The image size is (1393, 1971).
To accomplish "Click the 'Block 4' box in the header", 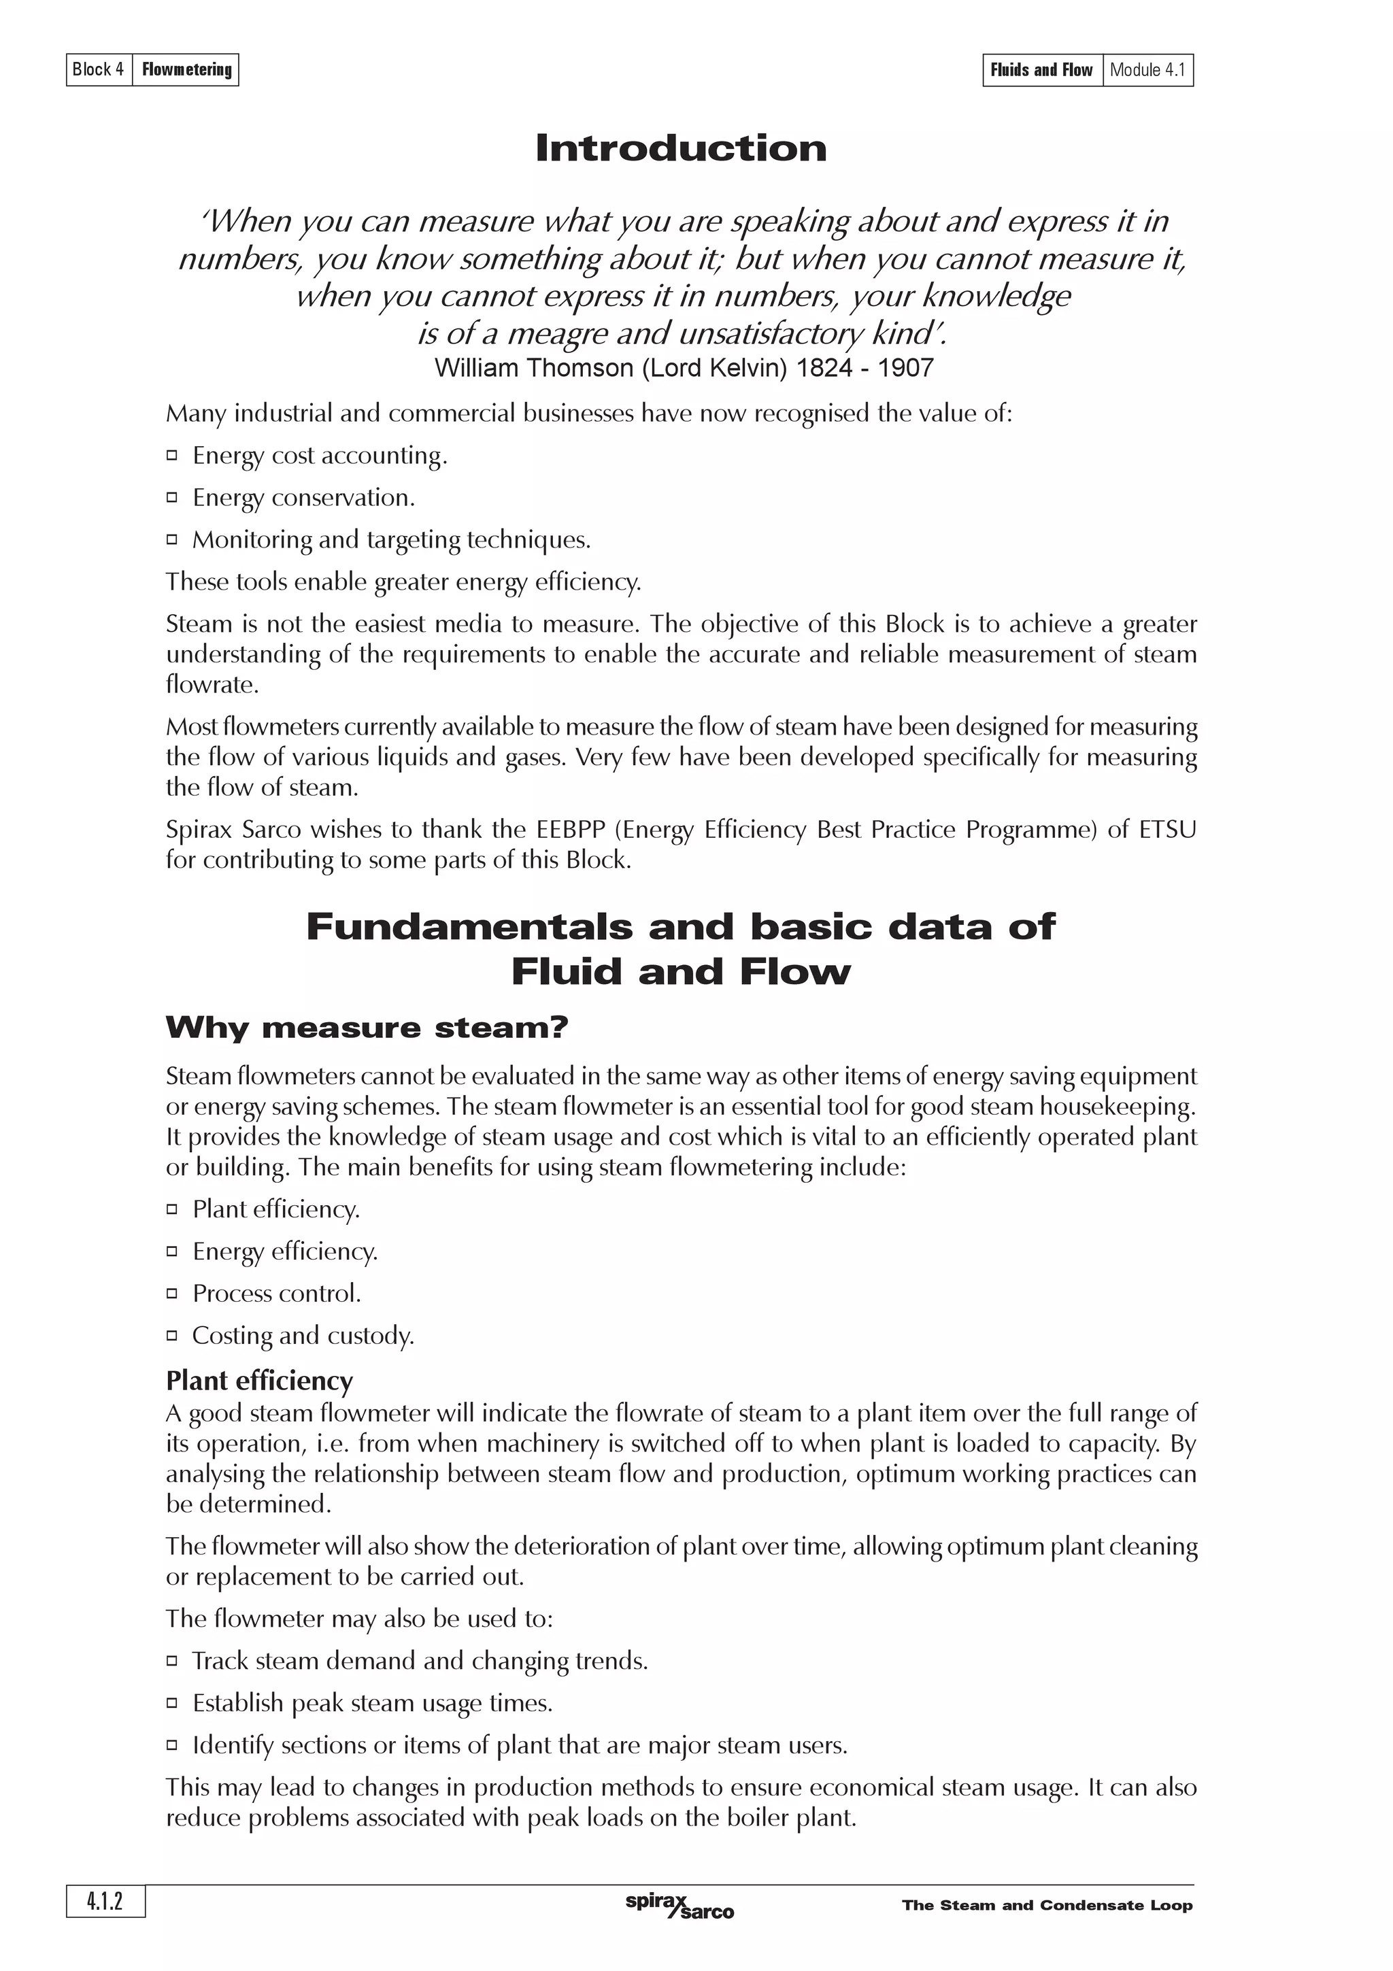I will point(99,69).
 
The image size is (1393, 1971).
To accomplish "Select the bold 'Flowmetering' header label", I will point(186,69).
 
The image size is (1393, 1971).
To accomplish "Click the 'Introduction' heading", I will point(681,148).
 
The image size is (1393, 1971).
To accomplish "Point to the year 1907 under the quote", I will point(905,368).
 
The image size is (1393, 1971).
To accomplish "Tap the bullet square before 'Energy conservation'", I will point(171,497).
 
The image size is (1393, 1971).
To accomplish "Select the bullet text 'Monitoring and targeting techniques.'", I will point(391,540).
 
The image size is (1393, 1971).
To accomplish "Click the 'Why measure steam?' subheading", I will point(367,1028).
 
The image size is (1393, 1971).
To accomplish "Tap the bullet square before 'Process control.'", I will point(171,1294).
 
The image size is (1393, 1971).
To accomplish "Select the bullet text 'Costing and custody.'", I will point(303,1336).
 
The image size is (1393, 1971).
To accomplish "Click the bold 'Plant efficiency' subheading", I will point(259,1381).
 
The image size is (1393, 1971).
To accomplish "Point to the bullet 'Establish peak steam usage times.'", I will point(373,1703).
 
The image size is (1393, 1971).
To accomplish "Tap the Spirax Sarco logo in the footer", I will point(679,1904).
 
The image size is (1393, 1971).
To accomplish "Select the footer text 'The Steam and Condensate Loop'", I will point(1047,1906).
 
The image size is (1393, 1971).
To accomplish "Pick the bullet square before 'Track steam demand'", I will point(171,1661).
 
